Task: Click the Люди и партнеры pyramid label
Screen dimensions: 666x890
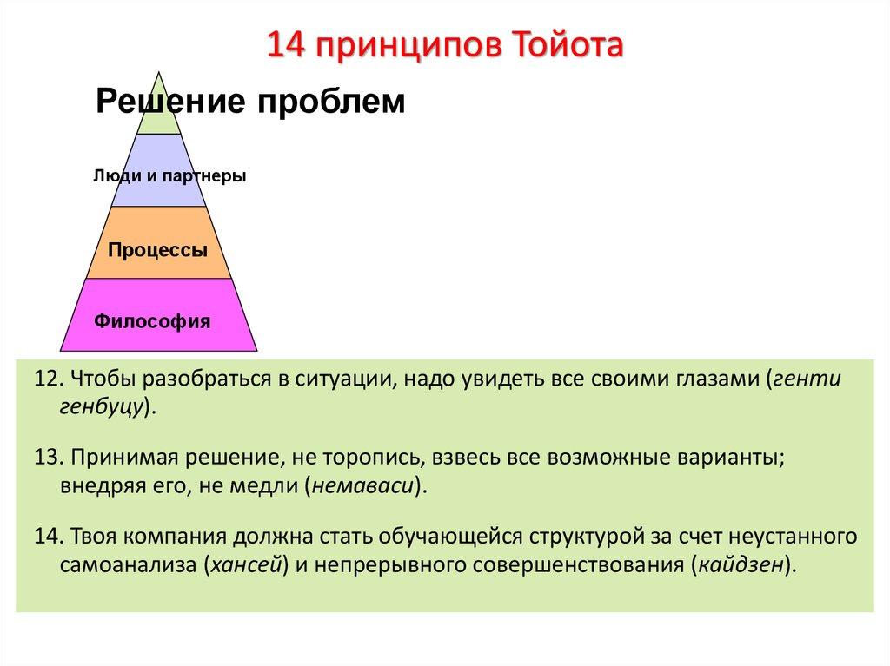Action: (169, 176)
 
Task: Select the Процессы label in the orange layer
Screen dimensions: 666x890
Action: (158, 250)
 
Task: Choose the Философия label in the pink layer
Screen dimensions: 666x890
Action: (152, 321)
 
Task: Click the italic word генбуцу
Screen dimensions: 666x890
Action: (100, 406)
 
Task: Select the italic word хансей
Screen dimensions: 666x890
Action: (246, 563)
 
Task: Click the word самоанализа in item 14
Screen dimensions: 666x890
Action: (129, 563)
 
